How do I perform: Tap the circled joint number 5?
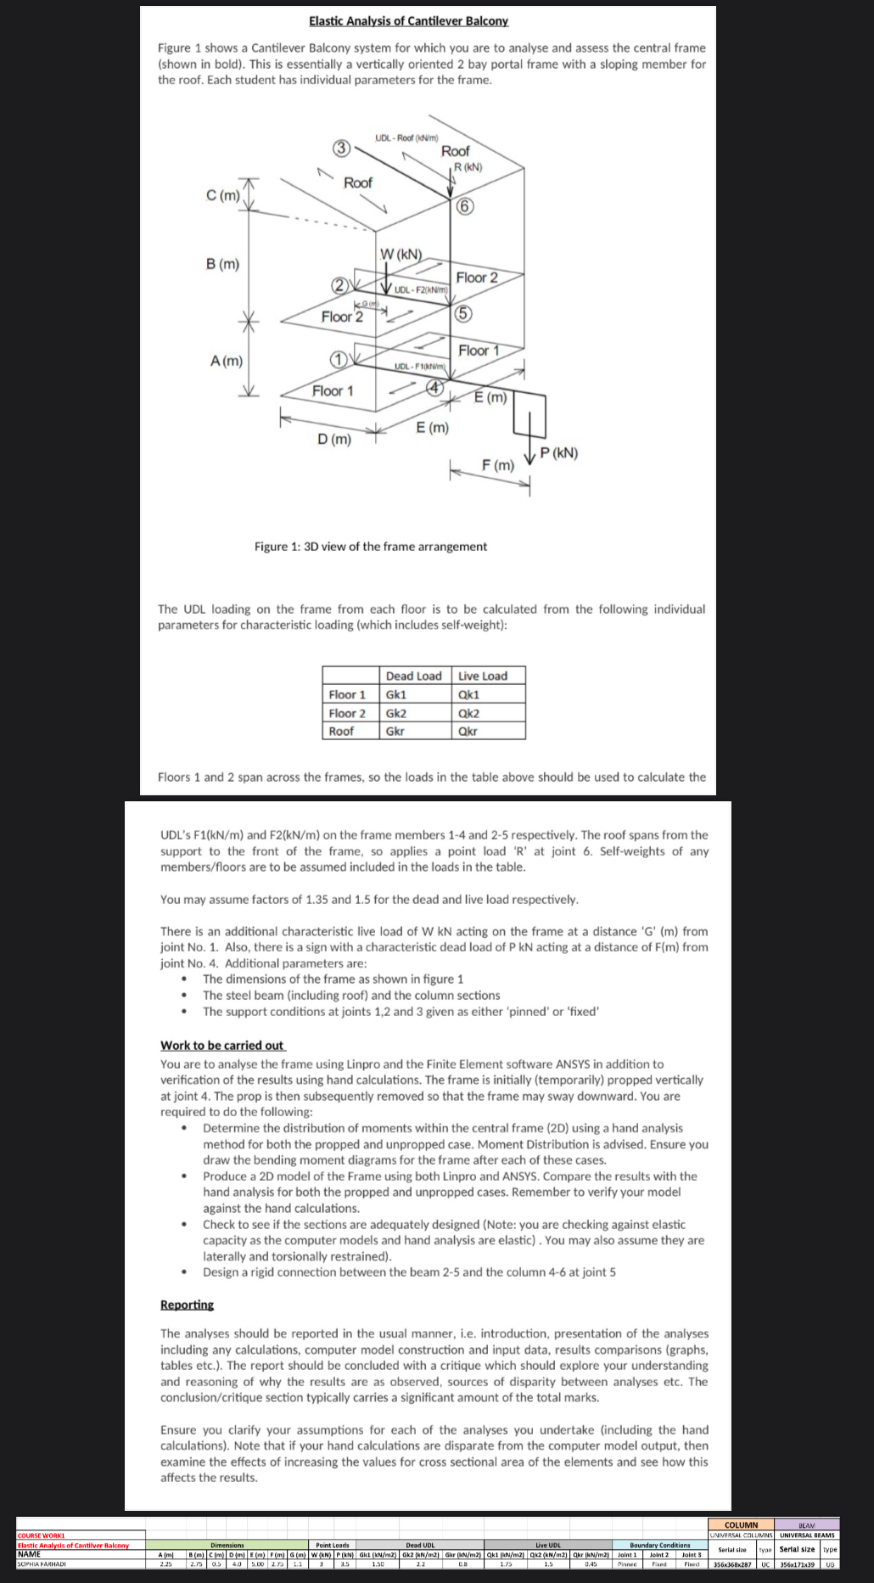pos(463,313)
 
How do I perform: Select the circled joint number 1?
pos(338,359)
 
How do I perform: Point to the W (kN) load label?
pos(401,254)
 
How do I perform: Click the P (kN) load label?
pos(559,452)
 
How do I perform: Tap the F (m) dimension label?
pos(497,465)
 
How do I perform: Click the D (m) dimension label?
pos(333,439)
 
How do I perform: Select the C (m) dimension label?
pos(222,196)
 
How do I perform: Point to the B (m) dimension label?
pos(222,264)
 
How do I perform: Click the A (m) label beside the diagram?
pos(226,361)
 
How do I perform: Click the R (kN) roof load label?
pos(468,167)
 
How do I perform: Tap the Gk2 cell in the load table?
pos(396,713)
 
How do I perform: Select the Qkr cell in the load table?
pos(468,731)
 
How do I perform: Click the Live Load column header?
pos(483,676)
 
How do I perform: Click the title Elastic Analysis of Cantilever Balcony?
pos(408,20)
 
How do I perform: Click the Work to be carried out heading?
pos(222,1045)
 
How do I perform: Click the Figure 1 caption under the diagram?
pos(371,547)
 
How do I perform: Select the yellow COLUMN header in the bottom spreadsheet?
pos(741,1524)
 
